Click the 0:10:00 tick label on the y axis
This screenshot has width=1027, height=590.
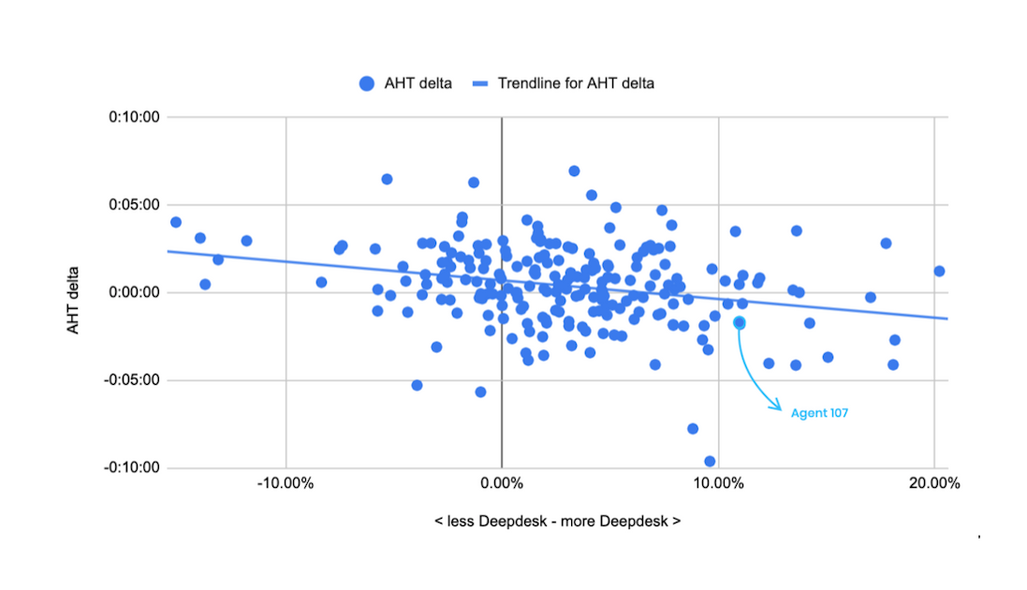point(135,117)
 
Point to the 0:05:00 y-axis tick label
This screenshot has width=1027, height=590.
point(135,205)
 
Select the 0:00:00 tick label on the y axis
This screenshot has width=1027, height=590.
point(135,292)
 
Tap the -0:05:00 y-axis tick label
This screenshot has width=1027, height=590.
point(132,380)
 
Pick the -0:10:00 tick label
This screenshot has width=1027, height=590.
point(132,467)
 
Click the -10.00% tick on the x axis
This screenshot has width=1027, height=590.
point(286,484)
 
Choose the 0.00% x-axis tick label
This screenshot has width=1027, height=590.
point(502,484)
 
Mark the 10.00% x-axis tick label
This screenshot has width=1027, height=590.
point(718,484)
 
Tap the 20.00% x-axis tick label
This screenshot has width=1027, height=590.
point(934,484)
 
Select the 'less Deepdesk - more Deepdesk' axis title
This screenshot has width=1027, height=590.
point(557,521)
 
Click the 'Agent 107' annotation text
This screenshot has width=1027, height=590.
point(819,413)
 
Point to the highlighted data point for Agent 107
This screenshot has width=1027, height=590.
point(740,322)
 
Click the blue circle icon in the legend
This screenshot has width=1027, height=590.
point(367,83)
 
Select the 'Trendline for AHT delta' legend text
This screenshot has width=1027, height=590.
point(576,83)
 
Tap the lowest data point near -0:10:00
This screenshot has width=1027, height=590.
point(710,461)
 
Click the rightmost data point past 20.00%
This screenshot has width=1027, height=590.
point(939,271)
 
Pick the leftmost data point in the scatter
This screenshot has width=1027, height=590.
point(175,222)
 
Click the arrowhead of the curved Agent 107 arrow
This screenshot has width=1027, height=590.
point(779,406)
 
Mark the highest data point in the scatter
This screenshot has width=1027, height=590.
point(574,171)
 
